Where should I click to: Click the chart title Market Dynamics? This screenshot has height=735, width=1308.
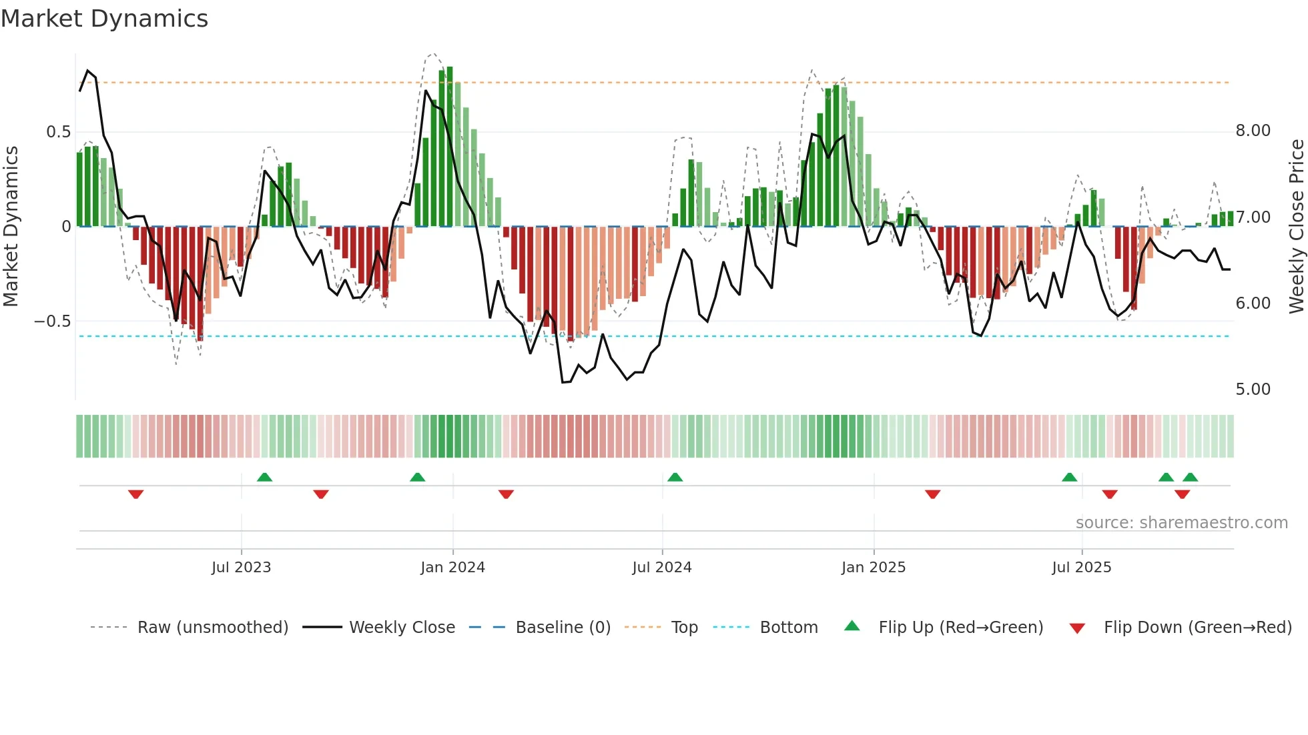pos(104,19)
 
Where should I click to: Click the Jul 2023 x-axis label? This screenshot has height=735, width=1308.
pos(241,568)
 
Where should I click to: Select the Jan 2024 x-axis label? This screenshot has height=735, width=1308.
pos(452,568)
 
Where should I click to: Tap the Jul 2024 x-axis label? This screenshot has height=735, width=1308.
pos(661,568)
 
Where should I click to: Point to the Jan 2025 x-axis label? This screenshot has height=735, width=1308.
pos(873,568)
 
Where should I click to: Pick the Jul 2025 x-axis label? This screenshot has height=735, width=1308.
pos(1081,568)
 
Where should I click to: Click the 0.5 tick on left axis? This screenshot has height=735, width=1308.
pos(58,132)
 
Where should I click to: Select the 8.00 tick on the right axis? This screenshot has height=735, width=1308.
pos(1253,131)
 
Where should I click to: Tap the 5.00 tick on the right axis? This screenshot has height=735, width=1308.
pos(1253,390)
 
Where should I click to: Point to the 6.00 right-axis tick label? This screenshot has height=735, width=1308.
pos(1253,303)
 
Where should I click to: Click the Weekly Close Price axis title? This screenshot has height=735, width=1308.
pos(1296,226)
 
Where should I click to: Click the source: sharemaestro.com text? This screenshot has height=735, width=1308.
pos(1181,523)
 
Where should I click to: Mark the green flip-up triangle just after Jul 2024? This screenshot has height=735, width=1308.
pos(675,477)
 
